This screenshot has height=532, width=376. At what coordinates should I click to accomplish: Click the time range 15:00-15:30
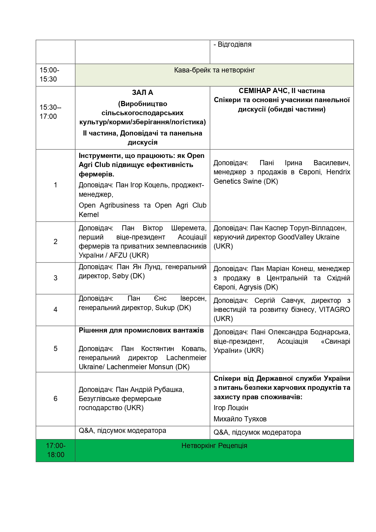pos(49,75)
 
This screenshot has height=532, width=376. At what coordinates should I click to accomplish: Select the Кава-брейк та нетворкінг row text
pos(214,70)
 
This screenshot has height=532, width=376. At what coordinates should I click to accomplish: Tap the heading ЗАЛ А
pos(142,93)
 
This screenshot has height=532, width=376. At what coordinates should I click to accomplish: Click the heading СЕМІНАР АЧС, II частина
pos(281,91)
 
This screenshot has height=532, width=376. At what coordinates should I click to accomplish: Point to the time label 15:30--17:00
pos(50,112)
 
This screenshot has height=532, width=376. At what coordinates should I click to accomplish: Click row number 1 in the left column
pos(55,185)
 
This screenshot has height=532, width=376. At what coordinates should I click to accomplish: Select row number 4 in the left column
pos(55,309)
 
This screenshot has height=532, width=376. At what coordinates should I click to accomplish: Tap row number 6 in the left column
pos(55,399)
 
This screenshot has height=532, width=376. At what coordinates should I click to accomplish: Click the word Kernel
pos(89,215)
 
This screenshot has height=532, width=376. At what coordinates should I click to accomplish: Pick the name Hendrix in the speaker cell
pos(338,172)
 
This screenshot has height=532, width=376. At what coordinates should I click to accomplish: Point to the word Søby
pos(120,276)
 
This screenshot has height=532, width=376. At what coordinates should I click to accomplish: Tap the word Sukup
pos(165,308)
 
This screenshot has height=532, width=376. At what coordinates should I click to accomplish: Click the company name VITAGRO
pos(334,309)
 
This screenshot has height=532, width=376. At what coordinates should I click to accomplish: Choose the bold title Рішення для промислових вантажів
pos(141,330)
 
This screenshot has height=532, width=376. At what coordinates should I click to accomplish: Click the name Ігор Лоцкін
pos(231,408)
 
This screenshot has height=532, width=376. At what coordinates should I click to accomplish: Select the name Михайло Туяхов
pos(240,419)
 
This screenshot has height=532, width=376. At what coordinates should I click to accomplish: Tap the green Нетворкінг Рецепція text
pos(214,446)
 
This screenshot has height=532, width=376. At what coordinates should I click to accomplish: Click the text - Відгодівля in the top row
pos(232,45)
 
